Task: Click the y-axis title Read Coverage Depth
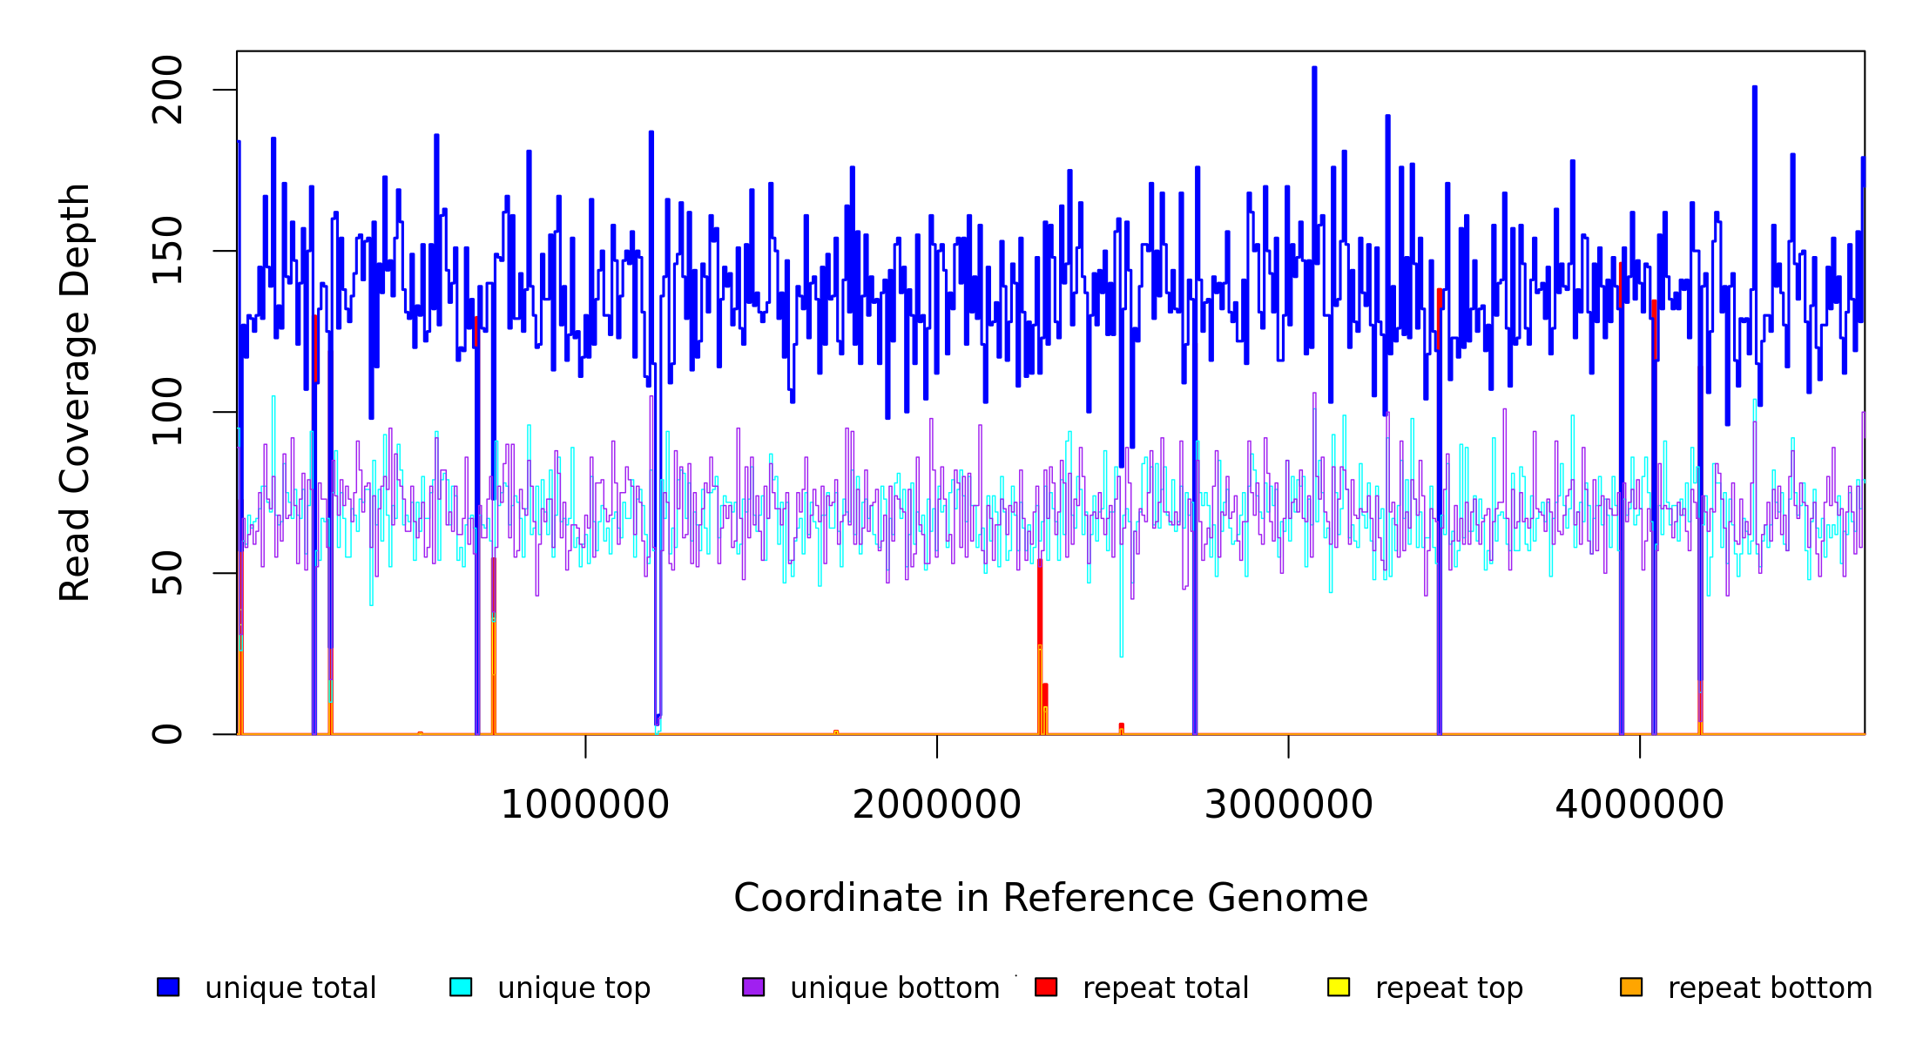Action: (x=75, y=393)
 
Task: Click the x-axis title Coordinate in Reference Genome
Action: (x=1050, y=899)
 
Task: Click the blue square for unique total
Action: (x=168, y=987)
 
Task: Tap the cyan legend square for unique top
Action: (x=461, y=987)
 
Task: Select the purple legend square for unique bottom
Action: (x=753, y=987)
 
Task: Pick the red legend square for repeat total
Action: (x=1046, y=987)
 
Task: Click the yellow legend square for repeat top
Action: (x=1339, y=987)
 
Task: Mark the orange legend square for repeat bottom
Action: (x=1631, y=987)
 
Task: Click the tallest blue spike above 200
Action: (x=1314, y=69)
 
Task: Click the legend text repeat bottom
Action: (x=1770, y=988)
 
